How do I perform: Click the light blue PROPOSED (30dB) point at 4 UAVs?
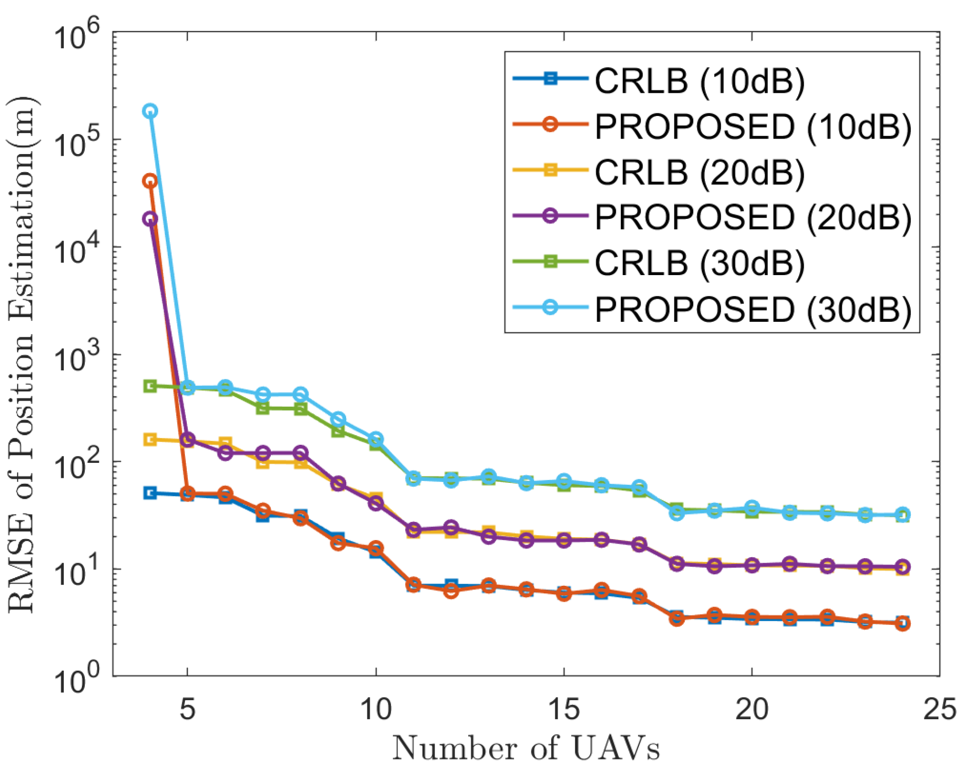[150, 111]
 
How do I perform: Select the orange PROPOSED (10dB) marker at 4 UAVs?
[150, 181]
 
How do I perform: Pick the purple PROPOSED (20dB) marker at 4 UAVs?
[150, 219]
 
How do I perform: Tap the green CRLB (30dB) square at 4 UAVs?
[150, 385]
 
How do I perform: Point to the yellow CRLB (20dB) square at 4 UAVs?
[150, 440]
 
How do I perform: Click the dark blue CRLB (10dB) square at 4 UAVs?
[150, 493]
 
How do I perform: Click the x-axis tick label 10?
[376, 709]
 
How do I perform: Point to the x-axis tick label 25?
[938, 709]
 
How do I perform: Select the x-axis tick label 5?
[187, 709]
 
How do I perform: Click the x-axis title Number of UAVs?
[525, 748]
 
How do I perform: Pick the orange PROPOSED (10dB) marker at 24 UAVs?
[902, 623]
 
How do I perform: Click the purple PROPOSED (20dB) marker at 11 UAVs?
[413, 530]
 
